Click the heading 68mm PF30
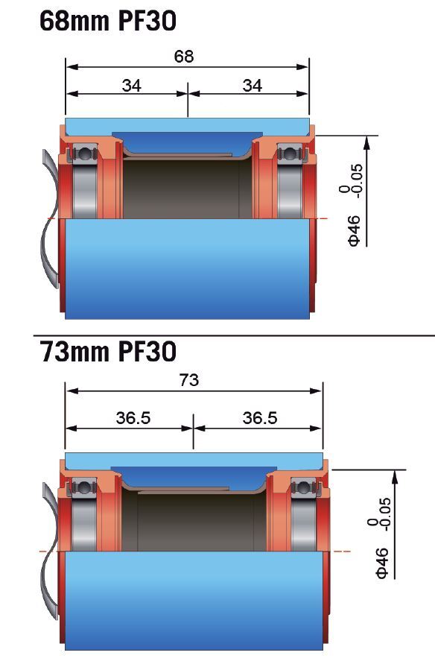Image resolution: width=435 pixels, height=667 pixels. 107,21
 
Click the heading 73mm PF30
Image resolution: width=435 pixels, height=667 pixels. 107,350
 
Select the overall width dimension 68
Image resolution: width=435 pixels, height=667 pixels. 184,57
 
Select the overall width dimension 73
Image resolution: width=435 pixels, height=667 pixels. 189,381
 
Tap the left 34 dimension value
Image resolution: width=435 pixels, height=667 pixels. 131,86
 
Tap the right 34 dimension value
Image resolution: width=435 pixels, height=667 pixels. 253,86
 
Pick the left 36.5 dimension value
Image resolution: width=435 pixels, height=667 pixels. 133,418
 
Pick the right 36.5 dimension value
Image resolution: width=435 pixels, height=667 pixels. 259,418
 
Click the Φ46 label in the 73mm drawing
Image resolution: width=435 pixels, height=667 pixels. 382,563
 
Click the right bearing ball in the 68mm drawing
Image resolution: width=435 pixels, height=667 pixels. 288,154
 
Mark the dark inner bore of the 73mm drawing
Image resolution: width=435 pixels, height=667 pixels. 194,522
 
